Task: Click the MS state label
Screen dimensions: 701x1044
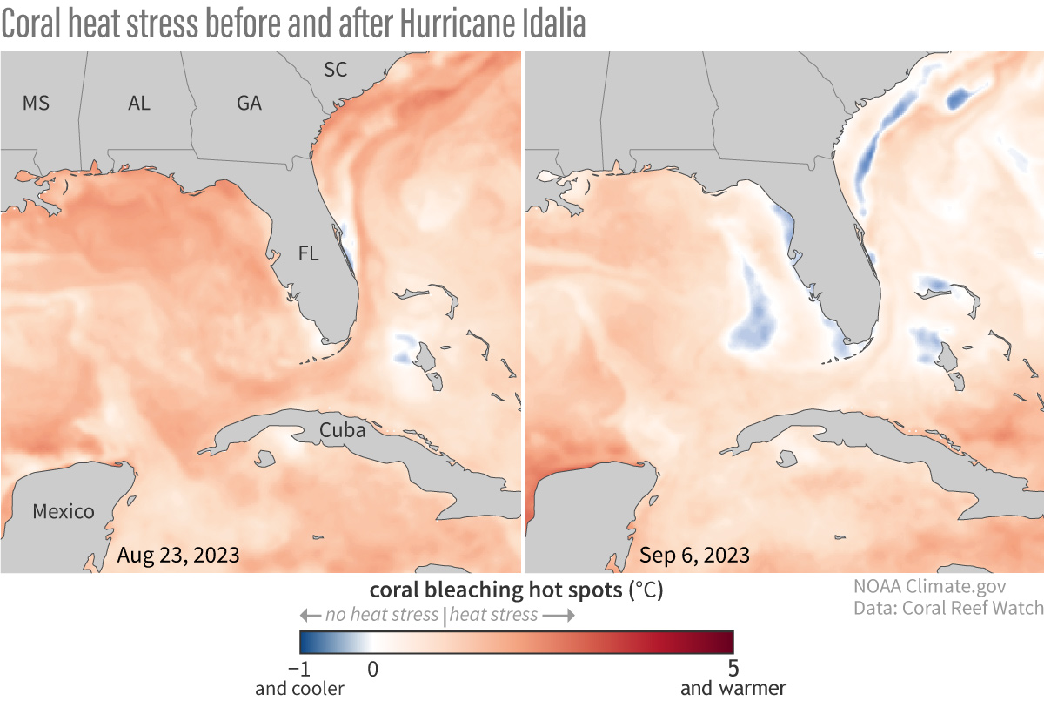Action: [x=36, y=103]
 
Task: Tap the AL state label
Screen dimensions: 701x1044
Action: [x=139, y=103]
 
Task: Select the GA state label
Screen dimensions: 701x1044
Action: [x=249, y=103]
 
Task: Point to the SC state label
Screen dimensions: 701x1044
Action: [x=335, y=70]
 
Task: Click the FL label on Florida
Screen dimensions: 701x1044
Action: [x=308, y=254]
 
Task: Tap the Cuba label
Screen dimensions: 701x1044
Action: [x=342, y=429]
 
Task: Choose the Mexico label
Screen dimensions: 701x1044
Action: [x=64, y=511]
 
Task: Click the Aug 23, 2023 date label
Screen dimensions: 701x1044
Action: [x=178, y=555]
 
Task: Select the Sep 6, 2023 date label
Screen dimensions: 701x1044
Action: [x=694, y=555]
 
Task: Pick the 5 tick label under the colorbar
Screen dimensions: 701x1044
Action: [x=733, y=669]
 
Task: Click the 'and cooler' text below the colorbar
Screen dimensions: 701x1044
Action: [x=299, y=688]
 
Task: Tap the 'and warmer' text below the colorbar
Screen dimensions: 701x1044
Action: [x=733, y=688]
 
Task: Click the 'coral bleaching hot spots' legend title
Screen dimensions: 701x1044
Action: [x=498, y=590]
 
